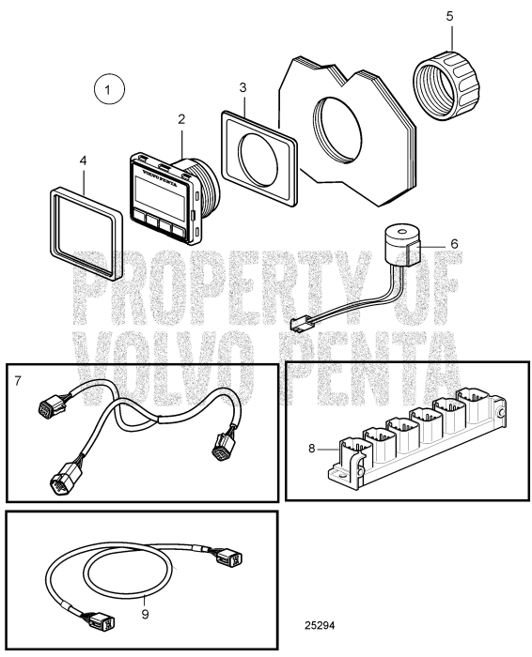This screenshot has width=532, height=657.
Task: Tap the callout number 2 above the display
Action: (181, 119)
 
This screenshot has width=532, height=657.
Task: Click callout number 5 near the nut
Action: (449, 16)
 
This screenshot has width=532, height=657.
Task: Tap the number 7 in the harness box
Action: (17, 383)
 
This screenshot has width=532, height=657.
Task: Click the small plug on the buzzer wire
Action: (303, 326)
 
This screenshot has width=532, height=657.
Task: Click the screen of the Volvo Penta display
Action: (160, 195)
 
